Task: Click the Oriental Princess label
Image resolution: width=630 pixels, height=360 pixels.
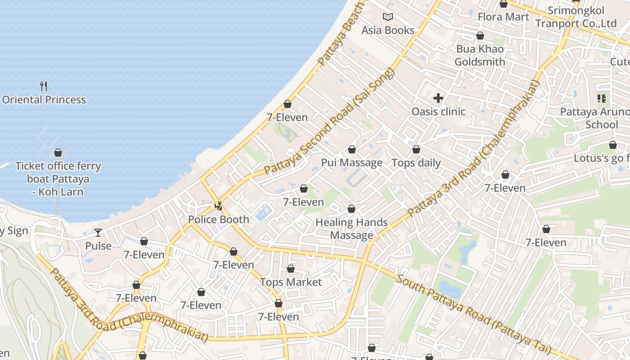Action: point(44,99)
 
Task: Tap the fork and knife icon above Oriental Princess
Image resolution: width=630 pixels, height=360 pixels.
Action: point(44,86)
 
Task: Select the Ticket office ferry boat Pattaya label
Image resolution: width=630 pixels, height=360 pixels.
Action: point(58,179)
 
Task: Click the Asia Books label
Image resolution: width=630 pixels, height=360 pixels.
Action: point(388,30)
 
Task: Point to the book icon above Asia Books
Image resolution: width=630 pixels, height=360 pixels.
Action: point(388,17)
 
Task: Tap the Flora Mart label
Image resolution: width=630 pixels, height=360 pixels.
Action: point(503,17)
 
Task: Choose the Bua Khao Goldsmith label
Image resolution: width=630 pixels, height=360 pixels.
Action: point(480,55)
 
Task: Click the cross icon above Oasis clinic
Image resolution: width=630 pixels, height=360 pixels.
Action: point(438,98)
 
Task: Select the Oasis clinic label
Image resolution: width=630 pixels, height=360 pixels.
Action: point(438,111)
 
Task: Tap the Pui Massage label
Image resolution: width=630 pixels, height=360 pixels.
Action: point(351,162)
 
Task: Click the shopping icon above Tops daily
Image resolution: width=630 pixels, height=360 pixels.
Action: point(416,149)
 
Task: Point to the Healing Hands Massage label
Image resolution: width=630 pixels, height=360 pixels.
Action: point(351,229)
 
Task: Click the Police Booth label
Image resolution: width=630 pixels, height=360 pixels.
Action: point(219,219)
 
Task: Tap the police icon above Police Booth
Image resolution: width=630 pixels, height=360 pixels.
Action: point(219,207)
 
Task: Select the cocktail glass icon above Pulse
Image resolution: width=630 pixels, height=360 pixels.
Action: point(98,233)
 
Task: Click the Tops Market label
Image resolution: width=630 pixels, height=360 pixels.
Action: point(291,282)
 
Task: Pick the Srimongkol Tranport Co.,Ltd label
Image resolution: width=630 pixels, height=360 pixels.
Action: point(576,17)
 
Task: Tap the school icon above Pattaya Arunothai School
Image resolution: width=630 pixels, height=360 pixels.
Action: point(601,98)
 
